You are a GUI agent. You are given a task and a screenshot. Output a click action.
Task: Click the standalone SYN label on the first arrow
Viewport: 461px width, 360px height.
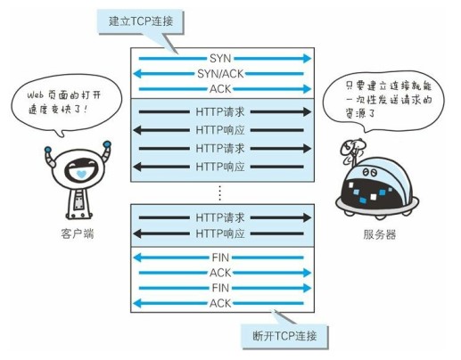(x=220, y=58)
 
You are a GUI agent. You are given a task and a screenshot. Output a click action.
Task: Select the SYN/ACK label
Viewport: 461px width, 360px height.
(x=220, y=74)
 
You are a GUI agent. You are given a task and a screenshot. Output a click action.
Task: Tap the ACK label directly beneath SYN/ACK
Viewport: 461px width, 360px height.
(x=220, y=89)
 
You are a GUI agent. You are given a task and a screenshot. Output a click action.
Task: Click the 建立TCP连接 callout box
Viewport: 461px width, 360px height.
(x=140, y=21)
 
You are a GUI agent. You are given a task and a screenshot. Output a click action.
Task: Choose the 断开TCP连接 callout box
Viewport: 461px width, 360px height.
(x=284, y=337)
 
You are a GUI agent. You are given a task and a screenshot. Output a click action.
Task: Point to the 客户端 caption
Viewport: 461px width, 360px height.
(x=78, y=233)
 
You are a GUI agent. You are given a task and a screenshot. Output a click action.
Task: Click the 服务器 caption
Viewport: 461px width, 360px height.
(x=380, y=234)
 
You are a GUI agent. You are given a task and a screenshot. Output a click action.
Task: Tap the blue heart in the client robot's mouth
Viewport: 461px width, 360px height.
(x=81, y=174)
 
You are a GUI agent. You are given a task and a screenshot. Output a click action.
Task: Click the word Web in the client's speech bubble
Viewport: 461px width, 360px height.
(x=35, y=95)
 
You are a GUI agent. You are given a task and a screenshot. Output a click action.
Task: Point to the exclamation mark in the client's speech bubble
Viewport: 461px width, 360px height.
(x=86, y=110)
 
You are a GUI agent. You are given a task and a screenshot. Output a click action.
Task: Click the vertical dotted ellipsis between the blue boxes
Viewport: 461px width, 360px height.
(x=219, y=192)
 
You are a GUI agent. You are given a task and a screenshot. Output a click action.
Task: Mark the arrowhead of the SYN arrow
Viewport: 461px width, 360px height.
(x=307, y=58)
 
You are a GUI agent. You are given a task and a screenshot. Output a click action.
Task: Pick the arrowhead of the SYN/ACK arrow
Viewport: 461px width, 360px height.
(x=137, y=74)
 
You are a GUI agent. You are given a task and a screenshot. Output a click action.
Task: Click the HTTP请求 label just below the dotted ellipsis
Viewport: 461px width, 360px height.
(x=220, y=217)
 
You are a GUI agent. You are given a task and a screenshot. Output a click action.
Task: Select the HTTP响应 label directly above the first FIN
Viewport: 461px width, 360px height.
(x=220, y=233)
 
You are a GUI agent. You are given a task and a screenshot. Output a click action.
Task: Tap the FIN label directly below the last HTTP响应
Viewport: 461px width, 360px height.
(x=220, y=258)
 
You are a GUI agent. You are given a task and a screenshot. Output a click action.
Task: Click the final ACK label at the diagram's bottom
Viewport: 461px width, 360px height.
(x=220, y=303)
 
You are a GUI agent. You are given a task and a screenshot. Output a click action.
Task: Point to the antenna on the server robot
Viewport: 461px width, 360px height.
(x=353, y=151)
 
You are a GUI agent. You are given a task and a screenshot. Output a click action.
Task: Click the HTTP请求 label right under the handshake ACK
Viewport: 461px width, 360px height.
(x=220, y=112)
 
